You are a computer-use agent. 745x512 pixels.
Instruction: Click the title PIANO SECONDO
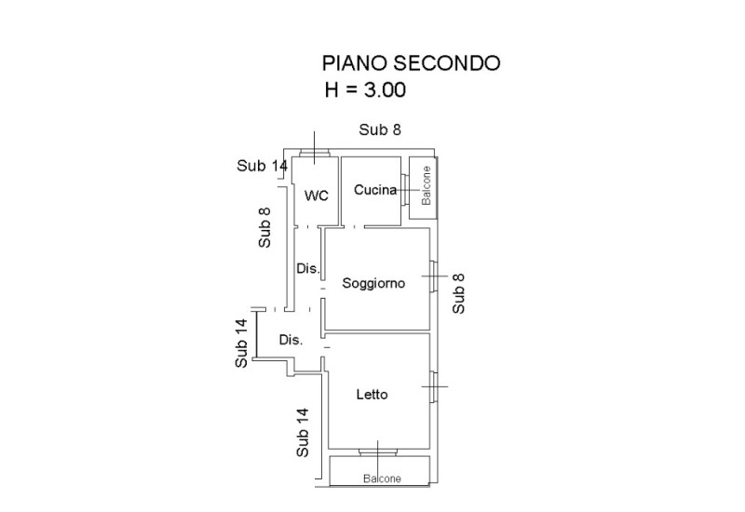[411, 63]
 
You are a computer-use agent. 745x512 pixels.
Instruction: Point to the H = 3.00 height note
[364, 90]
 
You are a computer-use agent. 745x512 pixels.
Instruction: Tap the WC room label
[316, 195]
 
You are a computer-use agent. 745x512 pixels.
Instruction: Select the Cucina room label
[375, 190]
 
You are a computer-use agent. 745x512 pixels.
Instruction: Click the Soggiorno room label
[373, 284]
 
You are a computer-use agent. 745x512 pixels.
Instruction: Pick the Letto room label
[372, 395]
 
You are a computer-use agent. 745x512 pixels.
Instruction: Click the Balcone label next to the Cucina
[426, 186]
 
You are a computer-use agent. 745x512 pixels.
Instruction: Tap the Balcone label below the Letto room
[382, 478]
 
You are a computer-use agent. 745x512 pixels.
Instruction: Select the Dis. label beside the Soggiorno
[308, 269]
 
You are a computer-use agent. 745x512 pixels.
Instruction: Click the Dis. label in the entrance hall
[291, 340]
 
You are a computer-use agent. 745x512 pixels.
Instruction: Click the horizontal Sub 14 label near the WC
[263, 166]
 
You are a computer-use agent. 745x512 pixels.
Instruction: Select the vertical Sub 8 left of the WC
[264, 226]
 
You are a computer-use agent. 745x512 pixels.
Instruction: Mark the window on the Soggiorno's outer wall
[433, 276]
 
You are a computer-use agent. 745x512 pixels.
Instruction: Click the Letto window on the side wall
[433, 385]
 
